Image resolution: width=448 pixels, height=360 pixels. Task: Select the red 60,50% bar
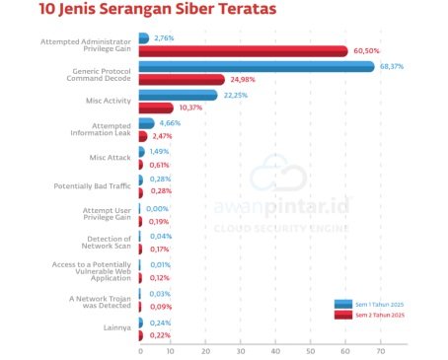click(x=243, y=51)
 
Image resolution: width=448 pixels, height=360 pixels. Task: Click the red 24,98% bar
click(x=182, y=80)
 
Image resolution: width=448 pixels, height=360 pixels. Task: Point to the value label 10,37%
click(x=193, y=108)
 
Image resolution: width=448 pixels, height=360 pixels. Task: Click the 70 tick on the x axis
click(x=379, y=351)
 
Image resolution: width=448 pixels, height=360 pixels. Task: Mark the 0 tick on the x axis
click(x=140, y=351)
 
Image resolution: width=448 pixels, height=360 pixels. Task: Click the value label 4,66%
click(x=172, y=123)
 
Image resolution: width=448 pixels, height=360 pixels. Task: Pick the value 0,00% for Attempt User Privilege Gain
click(x=158, y=208)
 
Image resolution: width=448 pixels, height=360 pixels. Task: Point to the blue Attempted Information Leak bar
click(x=146, y=123)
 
